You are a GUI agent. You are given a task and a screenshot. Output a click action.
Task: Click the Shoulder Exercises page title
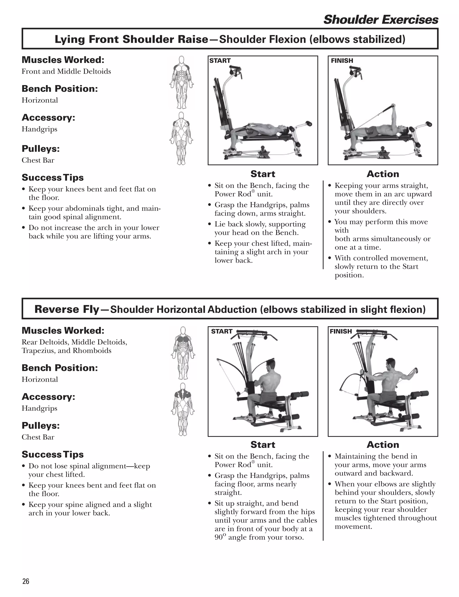tap(381, 20)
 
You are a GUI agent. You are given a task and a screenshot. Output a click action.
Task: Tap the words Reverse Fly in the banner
tap(67, 309)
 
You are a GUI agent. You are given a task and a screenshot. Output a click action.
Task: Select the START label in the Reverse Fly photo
tap(222, 331)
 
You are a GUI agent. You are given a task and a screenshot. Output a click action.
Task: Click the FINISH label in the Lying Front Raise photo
tap(342, 61)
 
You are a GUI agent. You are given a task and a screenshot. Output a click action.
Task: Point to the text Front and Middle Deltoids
tap(66, 71)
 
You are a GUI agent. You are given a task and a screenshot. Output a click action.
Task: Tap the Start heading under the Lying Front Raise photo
tap(263, 174)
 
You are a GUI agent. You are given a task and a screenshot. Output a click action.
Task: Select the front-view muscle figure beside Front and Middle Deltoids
tap(181, 82)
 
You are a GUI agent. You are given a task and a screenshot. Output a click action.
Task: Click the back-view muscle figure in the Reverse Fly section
tap(183, 409)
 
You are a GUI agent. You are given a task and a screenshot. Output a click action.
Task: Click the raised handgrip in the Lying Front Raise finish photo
tap(393, 106)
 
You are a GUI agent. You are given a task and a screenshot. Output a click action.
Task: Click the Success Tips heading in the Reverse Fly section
tap(52, 454)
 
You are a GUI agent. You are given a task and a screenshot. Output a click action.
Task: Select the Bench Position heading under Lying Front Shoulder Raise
tap(60, 89)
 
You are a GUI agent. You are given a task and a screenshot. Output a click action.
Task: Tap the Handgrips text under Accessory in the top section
tap(39, 129)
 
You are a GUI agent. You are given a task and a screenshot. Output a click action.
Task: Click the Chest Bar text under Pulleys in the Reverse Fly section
tap(38, 437)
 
